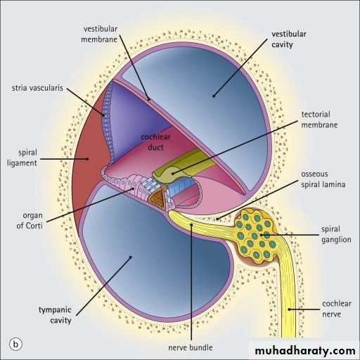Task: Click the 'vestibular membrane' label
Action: [x=99, y=34]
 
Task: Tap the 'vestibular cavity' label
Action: [x=289, y=39]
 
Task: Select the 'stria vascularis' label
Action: [x=37, y=88]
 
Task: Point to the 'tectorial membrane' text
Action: [x=319, y=120]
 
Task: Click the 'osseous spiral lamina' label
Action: [x=323, y=179]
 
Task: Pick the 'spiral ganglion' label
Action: [x=336, y=234]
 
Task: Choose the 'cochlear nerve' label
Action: [x=337, y=309]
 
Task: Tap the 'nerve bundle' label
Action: [x=191, y=347]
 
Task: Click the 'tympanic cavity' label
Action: [x=55, y=315]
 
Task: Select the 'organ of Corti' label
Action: [x=30, y=221]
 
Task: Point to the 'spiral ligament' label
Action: [x=22, y=157]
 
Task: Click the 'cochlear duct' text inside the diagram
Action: [x=155, y=142]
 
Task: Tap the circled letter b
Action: [x=15, y=345]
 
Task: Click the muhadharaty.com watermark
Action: [x=305, y=351]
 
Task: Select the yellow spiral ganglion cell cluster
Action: [x=256, y=236]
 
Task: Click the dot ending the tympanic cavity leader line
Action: [x=131, y=257]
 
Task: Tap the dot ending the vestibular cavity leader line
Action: [x=214, y=96]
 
